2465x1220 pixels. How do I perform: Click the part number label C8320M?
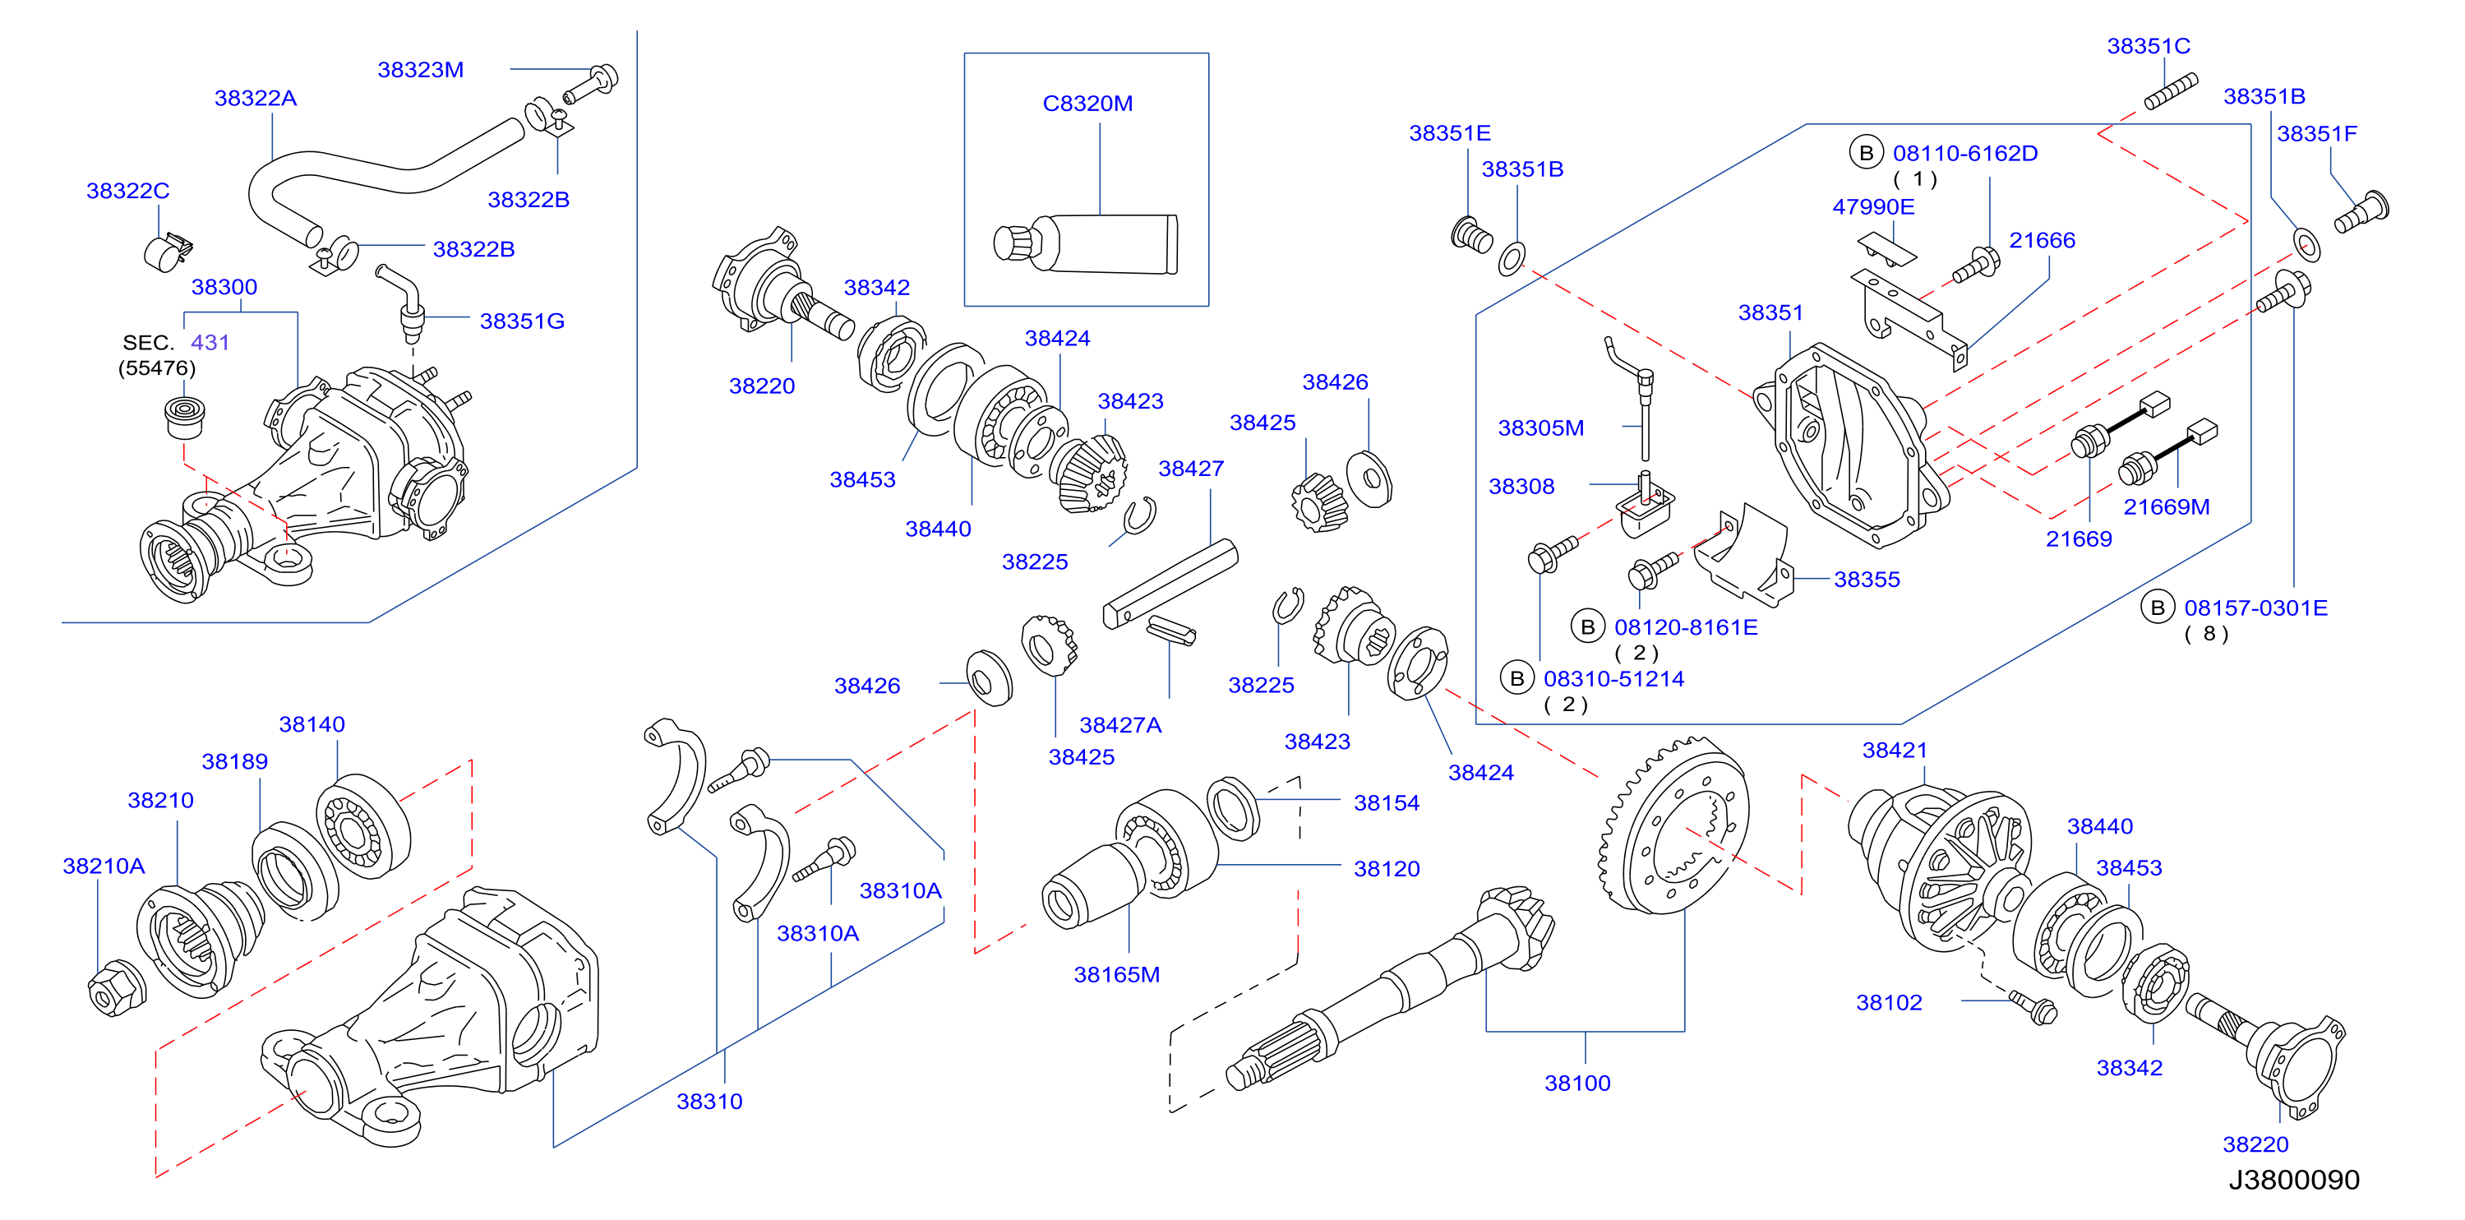[x=1087, y=104]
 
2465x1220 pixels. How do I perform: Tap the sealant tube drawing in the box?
[x=1086, y=244]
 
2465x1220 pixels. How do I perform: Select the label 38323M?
[x=420, y=70]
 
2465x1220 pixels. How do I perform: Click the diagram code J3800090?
[x=2294, y=1180]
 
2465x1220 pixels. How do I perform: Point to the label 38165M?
[x=1117, y=974]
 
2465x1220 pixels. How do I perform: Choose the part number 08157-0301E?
[x=2255, y=608]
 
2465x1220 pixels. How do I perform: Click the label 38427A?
[x=1120, y=725]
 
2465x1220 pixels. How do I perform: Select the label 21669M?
[x=2167, y=507]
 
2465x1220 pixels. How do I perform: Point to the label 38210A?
[x=104, y=866]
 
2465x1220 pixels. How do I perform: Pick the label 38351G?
[x=521, y=321]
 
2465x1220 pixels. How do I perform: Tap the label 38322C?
[x=127, y=192]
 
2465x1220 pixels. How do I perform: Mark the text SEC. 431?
[x=176, y=343]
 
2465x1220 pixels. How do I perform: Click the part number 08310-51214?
[x=1613, y=679]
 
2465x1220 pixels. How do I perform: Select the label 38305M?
[x=1540, y=428]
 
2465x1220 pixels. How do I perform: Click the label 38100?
[x=1577, y=1084]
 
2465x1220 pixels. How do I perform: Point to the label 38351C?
[x=2149, y=46]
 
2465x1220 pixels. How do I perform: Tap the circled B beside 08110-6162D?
[x=1866, y=153]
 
